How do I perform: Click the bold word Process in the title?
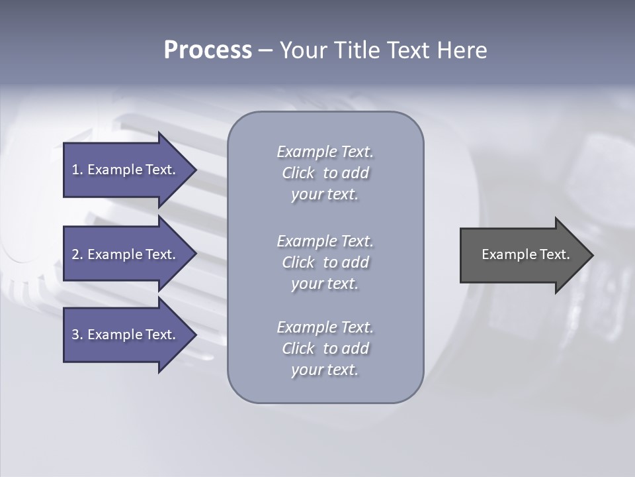(208, 50)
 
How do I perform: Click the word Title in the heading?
(358, 50)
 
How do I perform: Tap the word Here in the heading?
(462, 50)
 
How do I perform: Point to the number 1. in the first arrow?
(77, 170)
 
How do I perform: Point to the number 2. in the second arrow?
(77, 254)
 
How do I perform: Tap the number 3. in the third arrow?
(77, 335)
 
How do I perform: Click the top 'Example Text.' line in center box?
(325, 152)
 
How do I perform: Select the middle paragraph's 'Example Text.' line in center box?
(325, 241)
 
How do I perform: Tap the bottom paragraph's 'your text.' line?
(325, 370)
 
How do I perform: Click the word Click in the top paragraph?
(298, 173)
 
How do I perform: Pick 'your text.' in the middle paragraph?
(325, 284)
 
